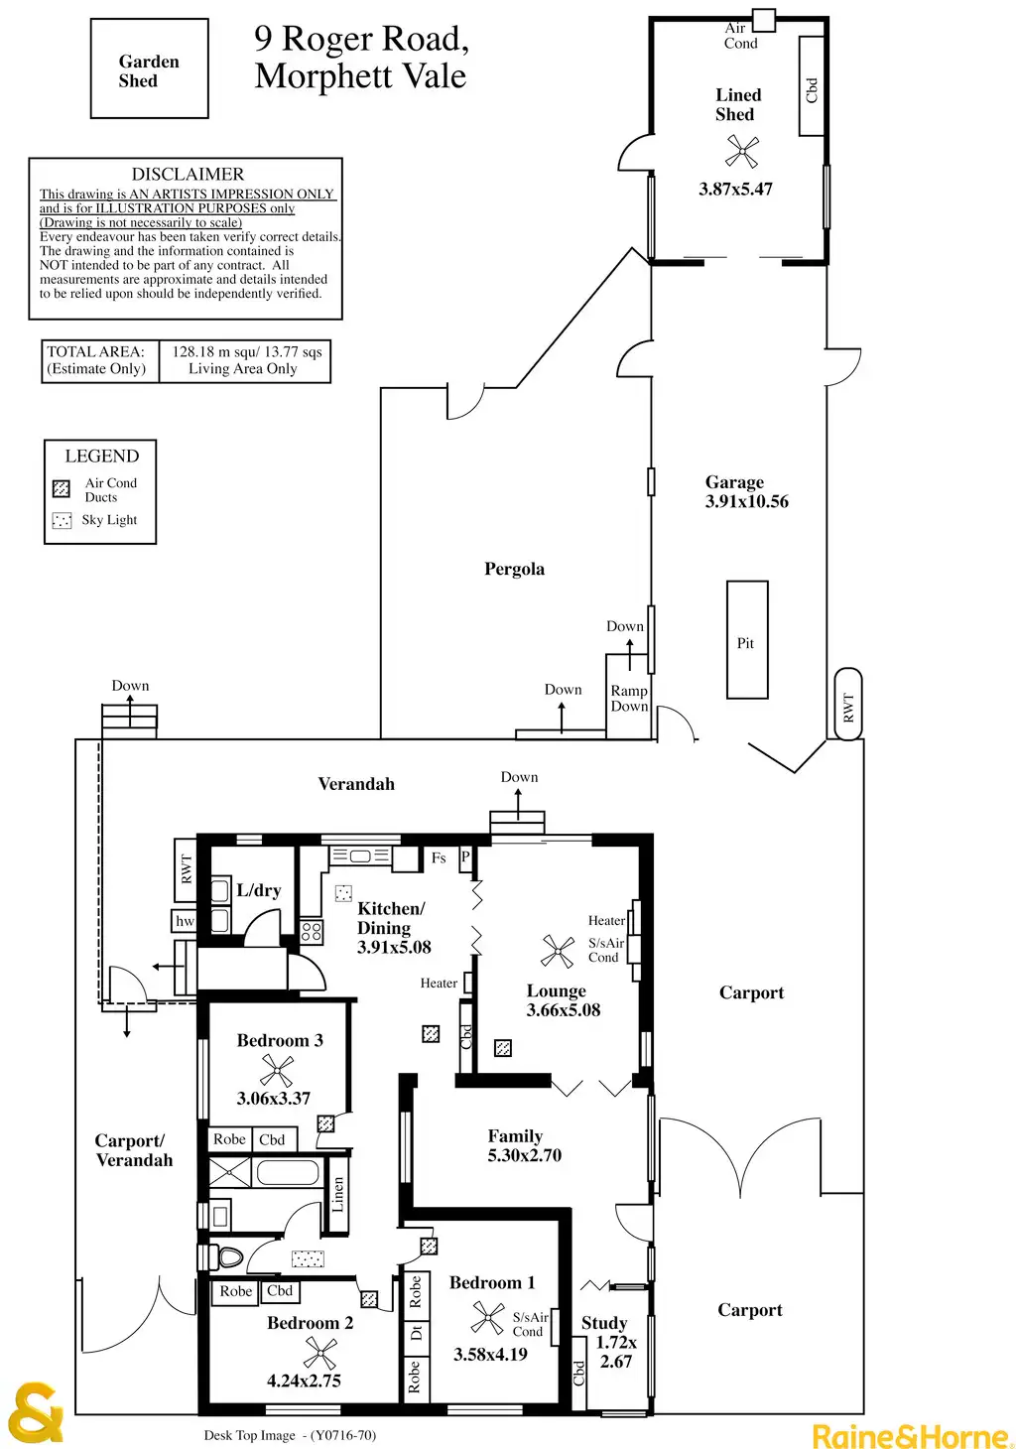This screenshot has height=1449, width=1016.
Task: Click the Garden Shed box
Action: pos(149,69)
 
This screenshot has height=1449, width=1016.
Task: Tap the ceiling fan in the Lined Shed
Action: pos(741,151)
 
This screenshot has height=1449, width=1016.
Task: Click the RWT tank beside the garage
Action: pos(848,705)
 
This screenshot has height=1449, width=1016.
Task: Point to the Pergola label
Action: pos(514,569)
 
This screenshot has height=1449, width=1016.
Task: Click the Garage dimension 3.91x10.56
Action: pos(747,502)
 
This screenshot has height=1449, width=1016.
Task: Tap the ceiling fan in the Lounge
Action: pos(558,951)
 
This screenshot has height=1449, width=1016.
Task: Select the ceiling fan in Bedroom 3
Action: pos(277,1070)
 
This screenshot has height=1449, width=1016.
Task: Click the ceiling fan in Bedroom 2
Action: pos(320,1353)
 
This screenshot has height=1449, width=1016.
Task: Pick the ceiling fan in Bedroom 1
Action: pos(487,1318)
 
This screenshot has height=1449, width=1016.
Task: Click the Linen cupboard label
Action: pos(338,1195)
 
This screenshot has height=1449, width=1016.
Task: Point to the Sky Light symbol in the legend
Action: pos(62,520)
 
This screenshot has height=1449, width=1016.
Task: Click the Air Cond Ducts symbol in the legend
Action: pos(62,488)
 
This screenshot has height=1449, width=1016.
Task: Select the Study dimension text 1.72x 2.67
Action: pos(616,1352)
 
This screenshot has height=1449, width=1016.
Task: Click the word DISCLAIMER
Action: pos(188,174)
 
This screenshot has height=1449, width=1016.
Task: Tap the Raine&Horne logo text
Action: pos(912,1435)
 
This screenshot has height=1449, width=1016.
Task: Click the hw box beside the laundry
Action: pos(185,921)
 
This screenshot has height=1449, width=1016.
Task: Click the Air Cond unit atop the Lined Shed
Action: pos(763,19)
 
